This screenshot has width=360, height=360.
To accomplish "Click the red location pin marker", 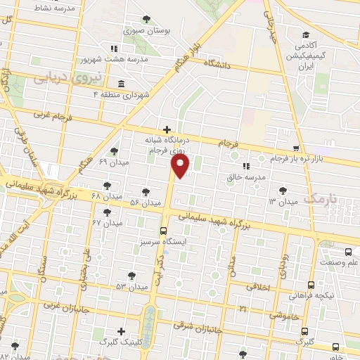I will pos(181,165).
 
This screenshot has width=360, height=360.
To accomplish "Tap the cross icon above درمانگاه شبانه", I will pos(167,129).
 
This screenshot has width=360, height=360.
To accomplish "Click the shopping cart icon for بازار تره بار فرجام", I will pos(296,148).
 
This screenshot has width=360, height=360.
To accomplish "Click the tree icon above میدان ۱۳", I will pos(282,190).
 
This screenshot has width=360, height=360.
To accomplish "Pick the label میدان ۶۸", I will pos(106,195).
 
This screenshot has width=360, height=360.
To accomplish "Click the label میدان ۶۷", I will pos(108,223).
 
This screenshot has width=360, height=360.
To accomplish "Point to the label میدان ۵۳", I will pos(132,287).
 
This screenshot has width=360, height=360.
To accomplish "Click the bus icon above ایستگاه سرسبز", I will pos(163,230).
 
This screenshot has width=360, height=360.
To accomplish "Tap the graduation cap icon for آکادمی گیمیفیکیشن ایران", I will pos(305,35).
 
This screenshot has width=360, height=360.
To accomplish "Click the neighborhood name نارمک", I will pos(324,200).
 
